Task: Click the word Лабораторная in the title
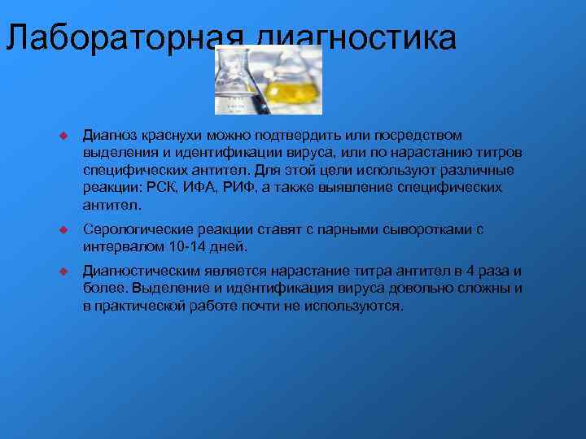pyautogui.click(x=124, y=38)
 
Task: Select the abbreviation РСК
pyautogui.click(x=157, y=188)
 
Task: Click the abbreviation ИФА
pyautogui.click(x=196, y=188)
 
